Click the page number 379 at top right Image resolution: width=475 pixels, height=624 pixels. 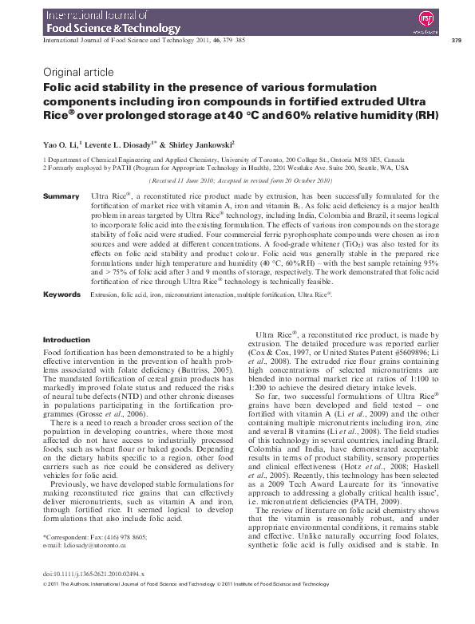[456, 41]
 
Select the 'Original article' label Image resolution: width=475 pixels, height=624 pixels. [77, 72]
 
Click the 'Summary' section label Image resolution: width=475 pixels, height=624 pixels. [61, 196]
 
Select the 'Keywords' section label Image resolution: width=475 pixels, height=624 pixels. [61, 294]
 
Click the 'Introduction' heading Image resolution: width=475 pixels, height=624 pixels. [66, 340]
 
